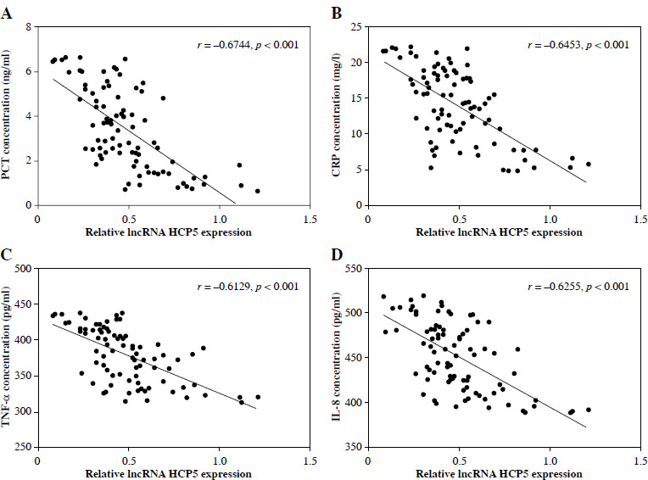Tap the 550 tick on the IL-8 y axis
click(350, 269)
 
